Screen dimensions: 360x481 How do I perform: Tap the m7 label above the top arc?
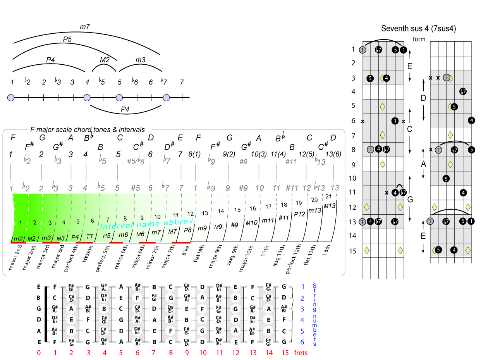85,26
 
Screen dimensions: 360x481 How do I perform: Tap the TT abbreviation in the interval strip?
89,236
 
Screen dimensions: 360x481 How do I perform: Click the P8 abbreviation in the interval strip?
188,230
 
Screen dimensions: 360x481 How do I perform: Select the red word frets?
301,353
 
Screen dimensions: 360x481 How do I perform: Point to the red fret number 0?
38,353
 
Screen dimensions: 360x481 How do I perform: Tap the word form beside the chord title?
419,39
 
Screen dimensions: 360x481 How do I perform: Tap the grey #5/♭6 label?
136,160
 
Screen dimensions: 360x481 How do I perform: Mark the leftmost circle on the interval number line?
11,98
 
